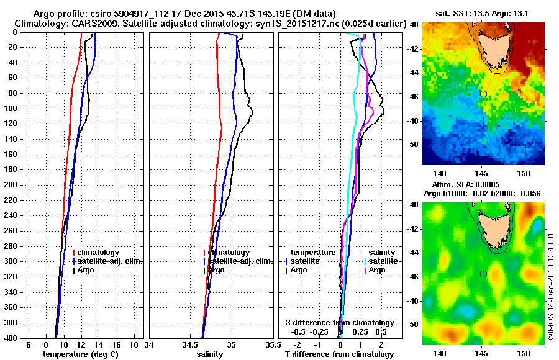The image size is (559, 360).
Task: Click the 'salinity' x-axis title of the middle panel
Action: point(209,354)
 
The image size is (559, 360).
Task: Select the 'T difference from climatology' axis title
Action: point(339,354)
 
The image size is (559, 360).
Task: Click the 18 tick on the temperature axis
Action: point(134,344)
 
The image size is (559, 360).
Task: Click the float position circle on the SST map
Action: point(483,94)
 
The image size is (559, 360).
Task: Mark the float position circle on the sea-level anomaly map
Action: point(483,274)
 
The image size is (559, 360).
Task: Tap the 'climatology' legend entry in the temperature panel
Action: point(98,253)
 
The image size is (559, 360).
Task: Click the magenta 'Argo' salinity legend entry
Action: point(377,270)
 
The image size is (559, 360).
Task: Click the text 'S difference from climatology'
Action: point(339,323)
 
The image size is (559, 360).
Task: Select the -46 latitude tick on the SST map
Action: point(413,97)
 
